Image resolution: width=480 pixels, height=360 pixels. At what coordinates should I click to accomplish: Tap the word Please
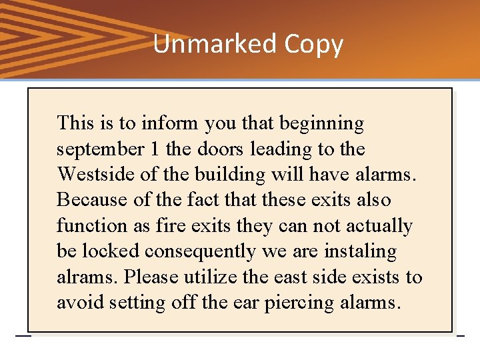pyautogui.click(x=151, y=277)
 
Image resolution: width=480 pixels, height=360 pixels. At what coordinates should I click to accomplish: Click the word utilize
pyautogui.click(x=207, y=277)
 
